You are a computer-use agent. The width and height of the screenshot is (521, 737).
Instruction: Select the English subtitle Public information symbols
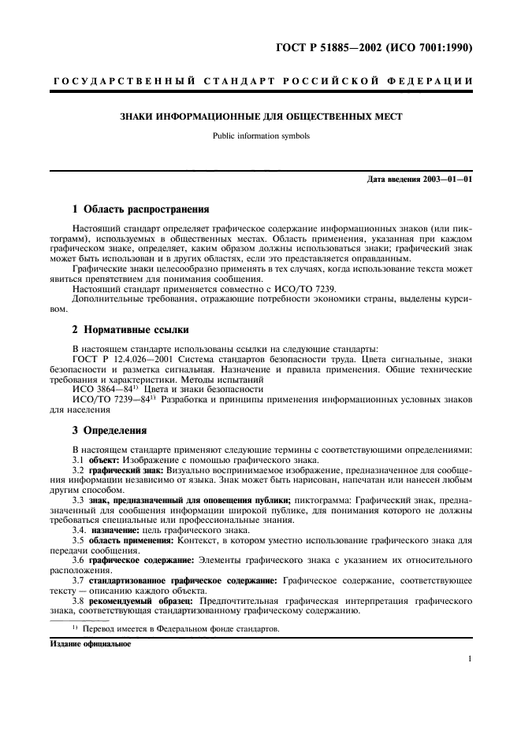click(x=261, y=135)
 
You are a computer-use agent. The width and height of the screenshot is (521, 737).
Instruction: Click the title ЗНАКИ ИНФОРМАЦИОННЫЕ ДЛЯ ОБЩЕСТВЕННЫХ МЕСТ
click(x=261, y=117)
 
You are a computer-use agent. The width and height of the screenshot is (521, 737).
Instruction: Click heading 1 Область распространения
click(x=140, y=210)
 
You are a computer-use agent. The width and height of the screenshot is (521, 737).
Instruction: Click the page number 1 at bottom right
click(x=468, y=661)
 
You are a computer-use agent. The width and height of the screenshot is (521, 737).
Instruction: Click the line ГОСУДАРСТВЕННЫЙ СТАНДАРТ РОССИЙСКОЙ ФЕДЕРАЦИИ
click(x=261, y=81)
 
